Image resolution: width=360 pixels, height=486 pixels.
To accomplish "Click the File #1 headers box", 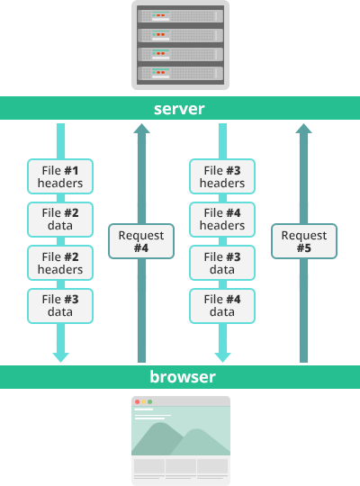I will (x=60, y=176).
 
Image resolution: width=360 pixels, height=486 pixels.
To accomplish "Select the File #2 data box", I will (x=60, y=219).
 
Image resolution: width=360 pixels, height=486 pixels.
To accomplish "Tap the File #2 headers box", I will (x=60, y=263).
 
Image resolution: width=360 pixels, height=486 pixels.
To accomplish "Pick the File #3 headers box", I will (x=221, y=176).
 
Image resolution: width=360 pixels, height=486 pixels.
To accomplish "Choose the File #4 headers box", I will (x=221, y=219).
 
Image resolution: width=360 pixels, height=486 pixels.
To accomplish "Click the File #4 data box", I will (x=221, y=305).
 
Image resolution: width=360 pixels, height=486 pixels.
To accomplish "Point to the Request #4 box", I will (x=141, y=241).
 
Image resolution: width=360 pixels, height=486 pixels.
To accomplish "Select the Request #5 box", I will (x=304, y=241).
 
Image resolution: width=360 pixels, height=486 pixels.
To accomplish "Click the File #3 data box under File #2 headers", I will (x=60, y=305).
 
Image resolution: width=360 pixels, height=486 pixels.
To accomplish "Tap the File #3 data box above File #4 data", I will (x=221, y=263).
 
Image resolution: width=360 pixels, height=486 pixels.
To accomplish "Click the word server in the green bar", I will (x=180, y=109).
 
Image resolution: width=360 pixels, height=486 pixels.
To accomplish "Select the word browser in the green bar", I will (x=180, y=376).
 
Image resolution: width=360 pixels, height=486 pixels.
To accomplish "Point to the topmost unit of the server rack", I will (x=180, y=15).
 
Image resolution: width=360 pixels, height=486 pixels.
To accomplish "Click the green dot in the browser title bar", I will (x=150, y=401).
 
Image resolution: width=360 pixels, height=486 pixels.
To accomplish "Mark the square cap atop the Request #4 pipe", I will (x=141, y=130).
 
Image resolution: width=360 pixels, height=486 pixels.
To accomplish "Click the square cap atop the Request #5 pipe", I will (x=304, y=130).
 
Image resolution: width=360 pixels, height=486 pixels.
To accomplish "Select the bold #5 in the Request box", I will (x=304, y=247).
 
